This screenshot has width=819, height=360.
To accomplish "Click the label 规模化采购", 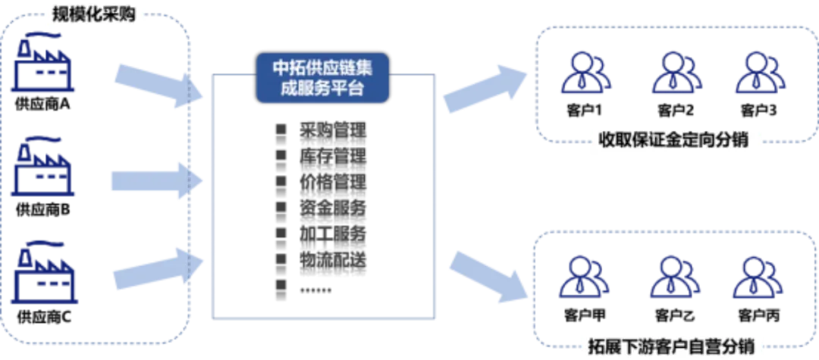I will pyautogui.click(x=95, y=14).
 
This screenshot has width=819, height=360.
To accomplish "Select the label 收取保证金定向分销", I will pyautogui.click(x=676, y=142).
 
